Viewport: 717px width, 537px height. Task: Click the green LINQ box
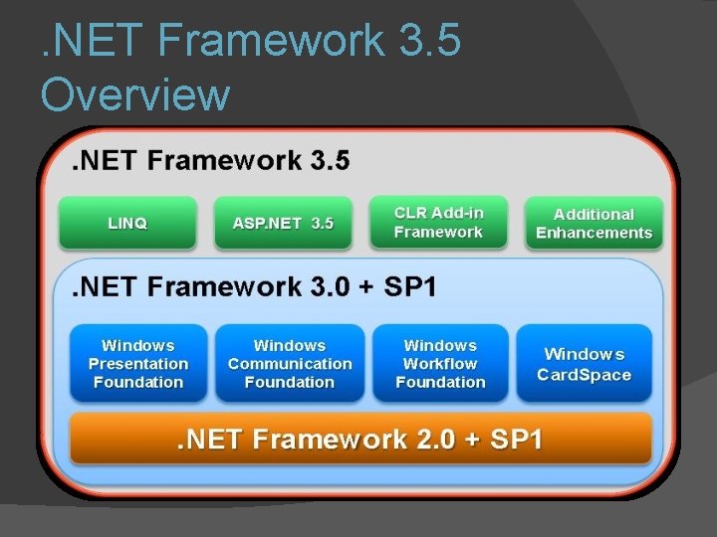(x=127, y=223)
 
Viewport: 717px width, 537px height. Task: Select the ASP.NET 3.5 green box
(x=283, y=223)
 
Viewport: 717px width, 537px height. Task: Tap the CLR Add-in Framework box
(x=438, y=223)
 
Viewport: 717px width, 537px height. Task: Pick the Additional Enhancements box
(x=594, y=223)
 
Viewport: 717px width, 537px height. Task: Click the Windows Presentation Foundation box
(x=138, y=363)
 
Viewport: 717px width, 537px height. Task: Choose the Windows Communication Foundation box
(x=290, y=363)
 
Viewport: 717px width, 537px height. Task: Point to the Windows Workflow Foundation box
(x=440, y=363)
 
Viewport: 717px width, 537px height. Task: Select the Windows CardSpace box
(x=585, y=364)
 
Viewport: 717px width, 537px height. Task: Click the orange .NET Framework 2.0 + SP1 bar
(x=360, y=439)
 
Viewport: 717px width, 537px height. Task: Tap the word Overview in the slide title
(x=135, y=95)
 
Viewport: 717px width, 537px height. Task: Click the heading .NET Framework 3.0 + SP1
(x=254, y=287)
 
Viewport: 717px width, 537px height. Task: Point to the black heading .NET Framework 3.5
(x=210, y=160)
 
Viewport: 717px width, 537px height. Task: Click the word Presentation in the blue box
(x=138, y=364)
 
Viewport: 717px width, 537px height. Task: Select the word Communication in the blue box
(x=290, y=364)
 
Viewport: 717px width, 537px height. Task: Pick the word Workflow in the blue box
(x=440, y=364)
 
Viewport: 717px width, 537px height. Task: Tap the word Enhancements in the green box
(x=594, y=233)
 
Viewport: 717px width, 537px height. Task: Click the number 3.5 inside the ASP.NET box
(x=322, y=224)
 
